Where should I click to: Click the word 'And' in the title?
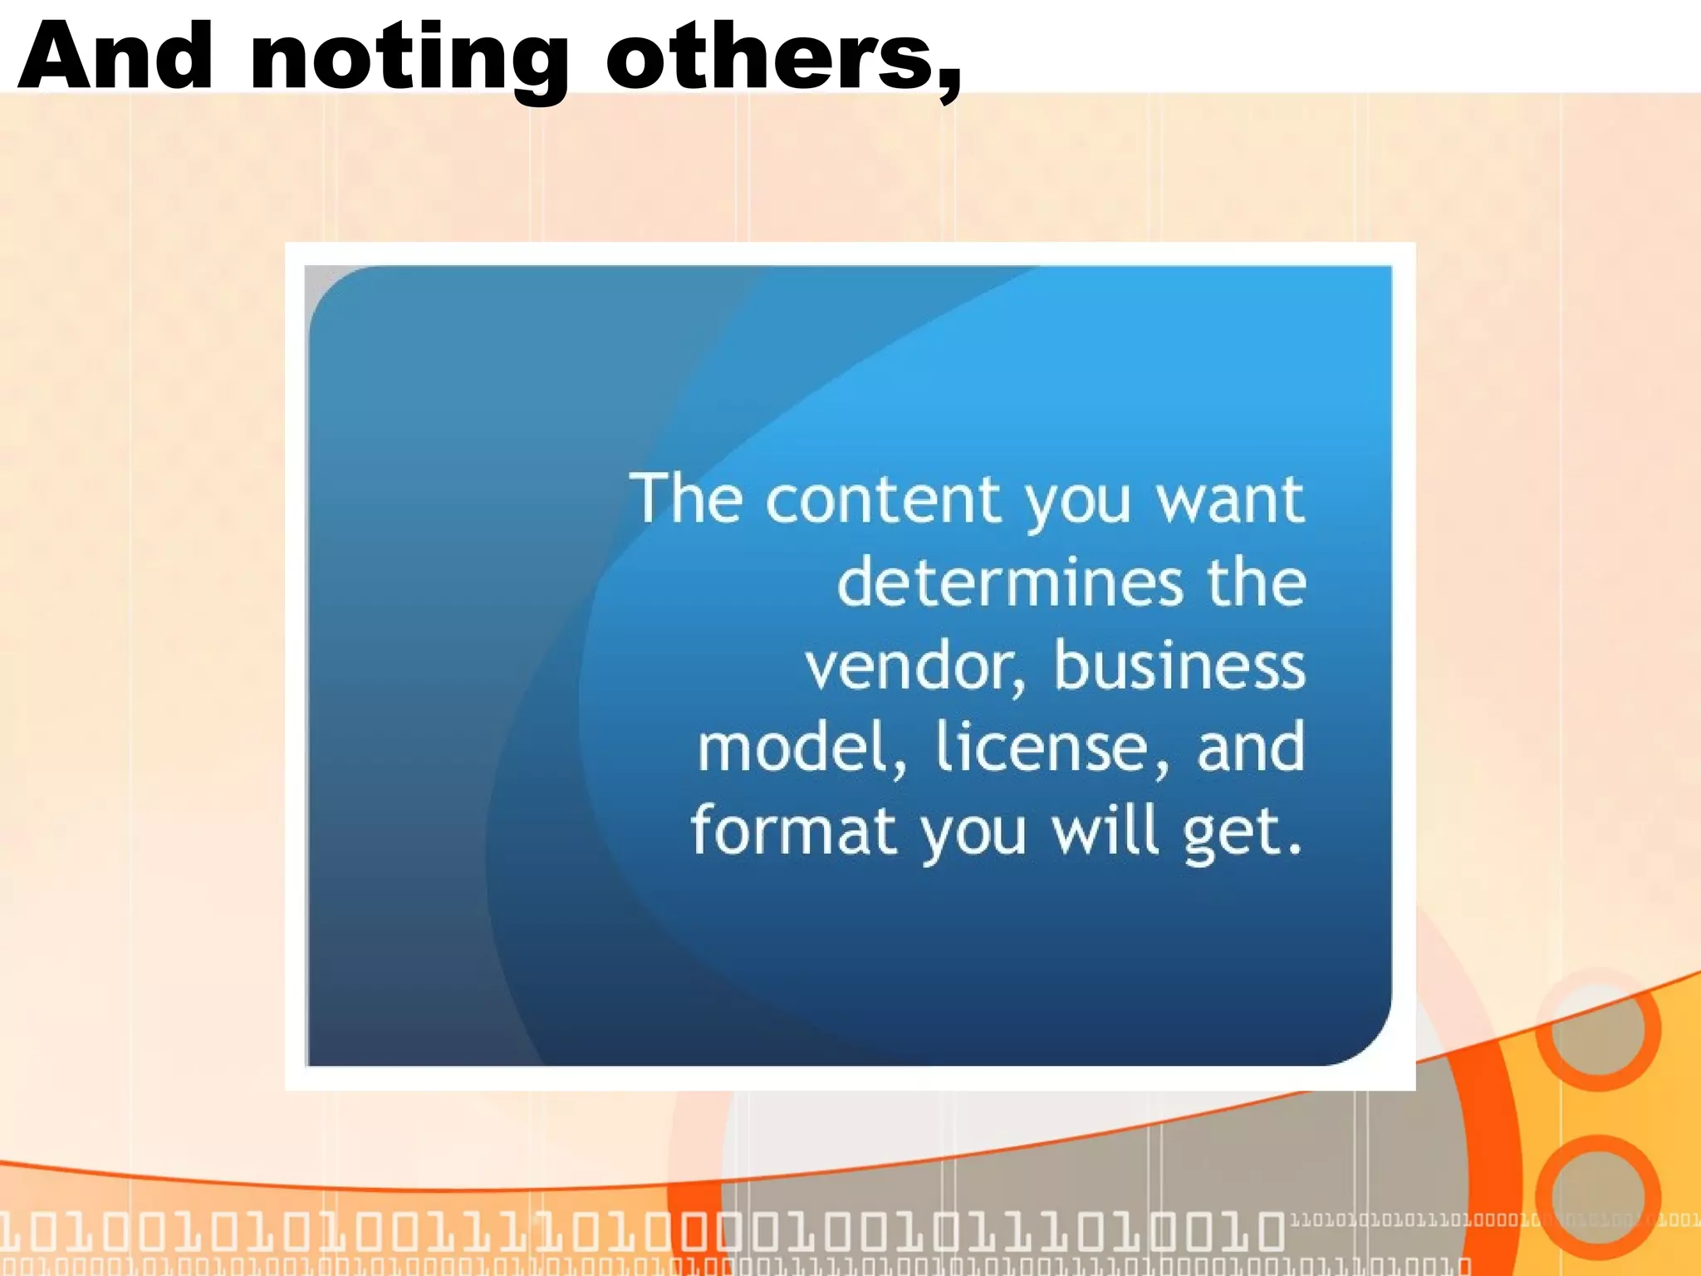(x=115, y=56)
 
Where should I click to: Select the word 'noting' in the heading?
(x=409, y=62)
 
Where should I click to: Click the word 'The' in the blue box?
(x=686, y=498)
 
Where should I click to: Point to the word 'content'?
(x=884, y=500)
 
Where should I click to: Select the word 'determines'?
(x=1009, y=582)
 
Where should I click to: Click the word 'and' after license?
(x=1251, y=748)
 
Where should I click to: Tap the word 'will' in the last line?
(x=1105, y=831)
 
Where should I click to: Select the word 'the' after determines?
(x=1256, y=582)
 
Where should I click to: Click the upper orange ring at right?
(x=1597, y=1028)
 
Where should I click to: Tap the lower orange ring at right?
(x=1597, y=1196)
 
